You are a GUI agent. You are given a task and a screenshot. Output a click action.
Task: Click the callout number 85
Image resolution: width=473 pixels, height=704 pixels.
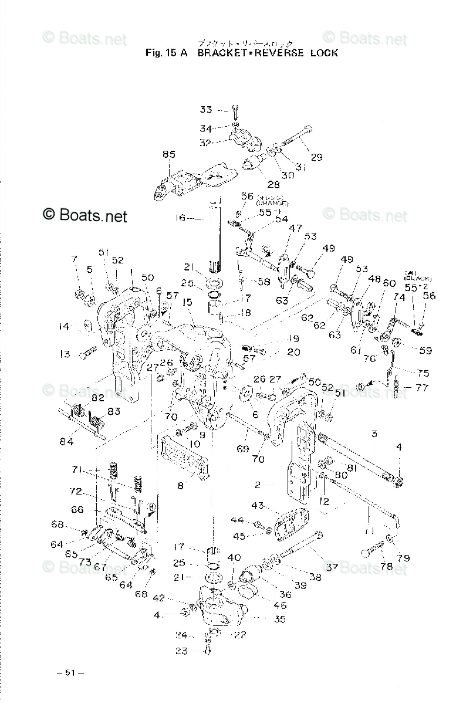[x=169, y=155]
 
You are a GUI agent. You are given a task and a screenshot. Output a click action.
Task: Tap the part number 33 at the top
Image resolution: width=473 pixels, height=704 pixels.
[x=205, y=110]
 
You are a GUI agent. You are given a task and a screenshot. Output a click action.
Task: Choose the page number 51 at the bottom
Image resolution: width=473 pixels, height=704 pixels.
[x=69, y=672]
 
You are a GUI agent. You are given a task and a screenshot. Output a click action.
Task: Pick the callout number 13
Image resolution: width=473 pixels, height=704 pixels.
[x=65, y=354]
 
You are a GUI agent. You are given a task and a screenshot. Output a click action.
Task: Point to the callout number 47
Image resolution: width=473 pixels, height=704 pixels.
[x=295, y=227]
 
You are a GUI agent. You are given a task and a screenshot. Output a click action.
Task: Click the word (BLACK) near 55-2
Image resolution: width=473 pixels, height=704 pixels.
[x=417, y=278]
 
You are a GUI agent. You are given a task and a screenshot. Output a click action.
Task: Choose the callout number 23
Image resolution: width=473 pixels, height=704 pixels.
[x=181, y=650]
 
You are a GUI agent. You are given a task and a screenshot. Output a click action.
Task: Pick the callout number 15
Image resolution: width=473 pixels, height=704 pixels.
[x=187, y=302]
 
